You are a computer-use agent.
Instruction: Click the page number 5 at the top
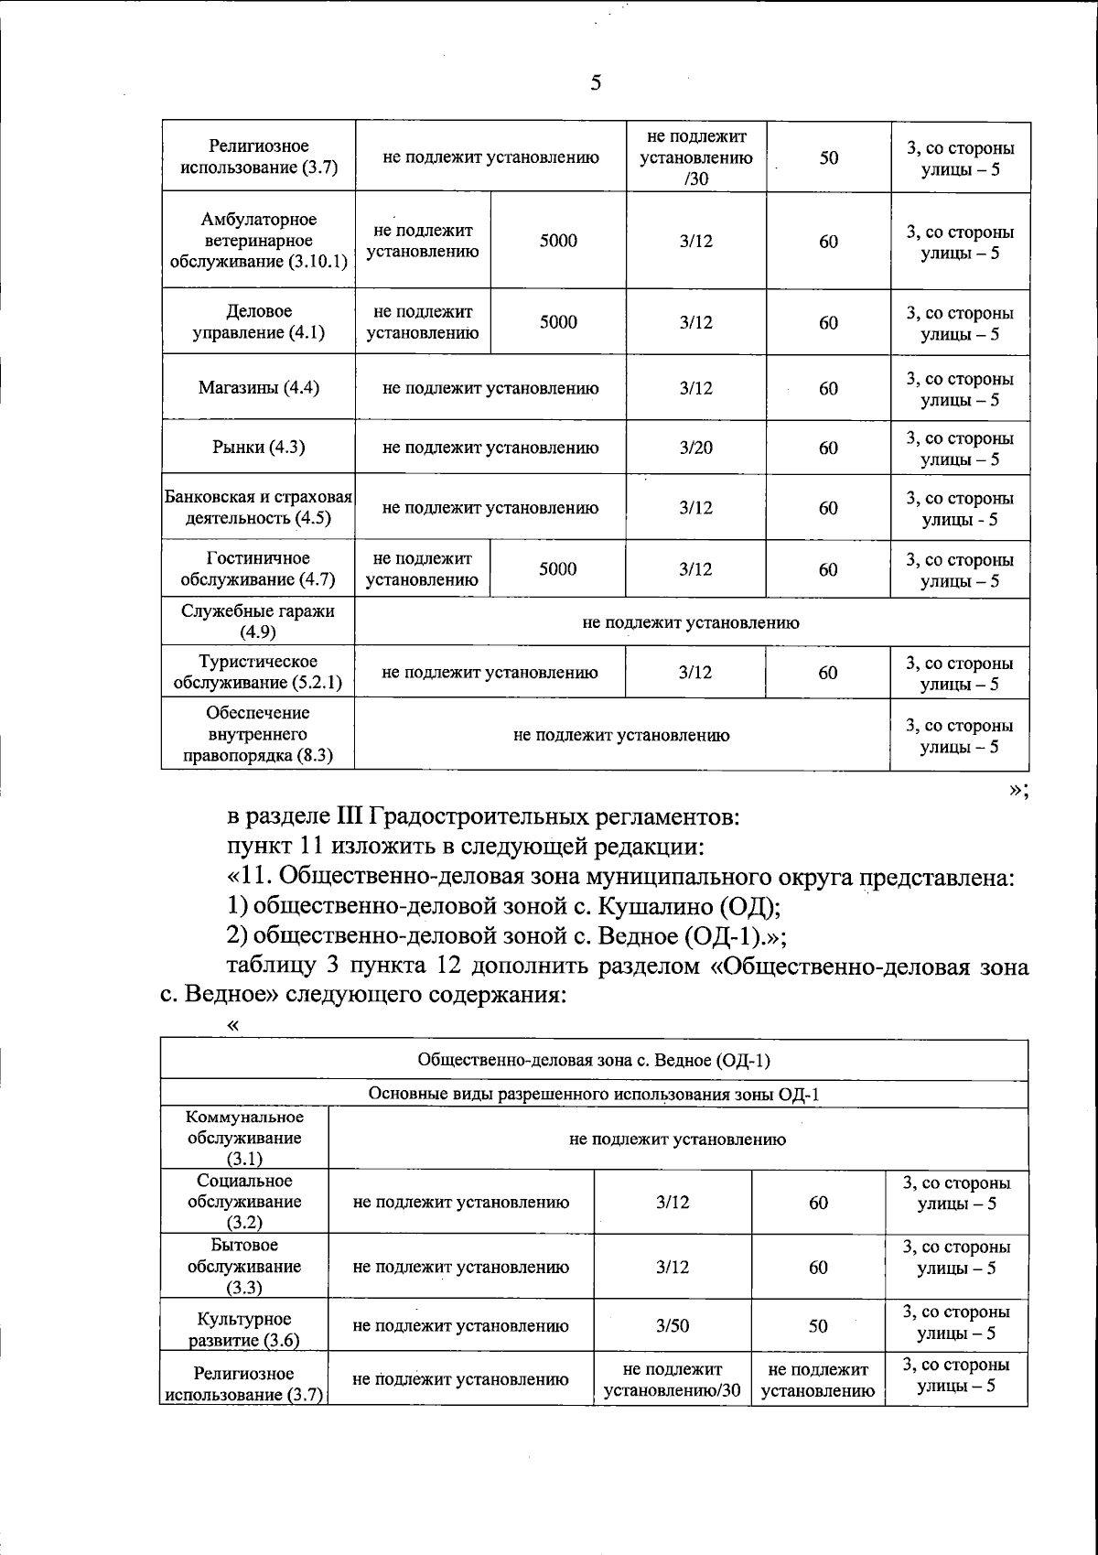tap(596, 83)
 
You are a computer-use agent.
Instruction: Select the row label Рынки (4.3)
tap(258, 447)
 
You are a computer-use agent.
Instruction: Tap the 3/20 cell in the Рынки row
tap(695, 448)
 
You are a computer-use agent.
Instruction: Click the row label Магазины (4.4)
tap(258, 387)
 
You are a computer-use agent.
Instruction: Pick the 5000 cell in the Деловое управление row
tap(557, 322)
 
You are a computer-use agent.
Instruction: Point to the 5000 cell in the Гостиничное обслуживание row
tap(557, 569)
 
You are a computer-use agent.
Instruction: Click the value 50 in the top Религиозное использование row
tap(828, 157)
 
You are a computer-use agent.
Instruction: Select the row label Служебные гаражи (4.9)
tap(258, 621)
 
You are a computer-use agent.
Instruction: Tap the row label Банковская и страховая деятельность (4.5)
tap(258, 508)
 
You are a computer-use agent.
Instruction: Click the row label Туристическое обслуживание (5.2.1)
tap(258, 672)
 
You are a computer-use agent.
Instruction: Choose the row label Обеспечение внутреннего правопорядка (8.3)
tap(258, 734)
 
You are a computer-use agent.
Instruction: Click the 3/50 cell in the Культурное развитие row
tap(673, 1325)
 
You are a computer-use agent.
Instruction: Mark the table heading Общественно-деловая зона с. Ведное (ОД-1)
tap(594, 1060)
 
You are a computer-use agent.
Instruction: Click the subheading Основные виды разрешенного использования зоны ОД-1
tap(594, 1094)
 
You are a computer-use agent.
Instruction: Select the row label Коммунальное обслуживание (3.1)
tap(244, 1138)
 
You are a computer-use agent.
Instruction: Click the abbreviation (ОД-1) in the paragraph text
tap(725, 936)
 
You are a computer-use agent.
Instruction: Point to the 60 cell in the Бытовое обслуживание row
tap(818, 1267)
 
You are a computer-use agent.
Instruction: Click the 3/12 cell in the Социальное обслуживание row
tap(673, 1202)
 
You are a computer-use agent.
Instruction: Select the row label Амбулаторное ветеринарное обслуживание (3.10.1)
tap(258, 240)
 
